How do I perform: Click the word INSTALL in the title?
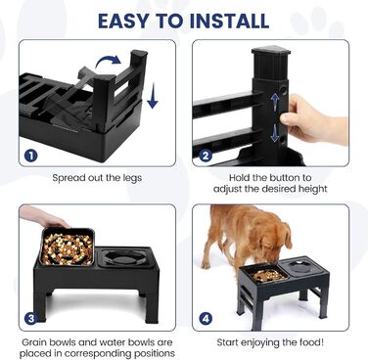[229, 21]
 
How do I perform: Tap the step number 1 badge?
[30, 156]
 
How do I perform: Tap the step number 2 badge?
[205, 156]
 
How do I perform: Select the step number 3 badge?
[30, 318]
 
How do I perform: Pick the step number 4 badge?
[206, 319]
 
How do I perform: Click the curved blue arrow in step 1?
[109, 62]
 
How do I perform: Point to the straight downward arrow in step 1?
[153, 96]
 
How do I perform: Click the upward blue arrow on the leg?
[275, 103]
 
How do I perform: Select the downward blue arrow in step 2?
[274, 133]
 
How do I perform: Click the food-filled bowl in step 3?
[68, 247]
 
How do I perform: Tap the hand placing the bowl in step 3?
[44, 217]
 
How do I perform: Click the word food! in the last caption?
[311, 342]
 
